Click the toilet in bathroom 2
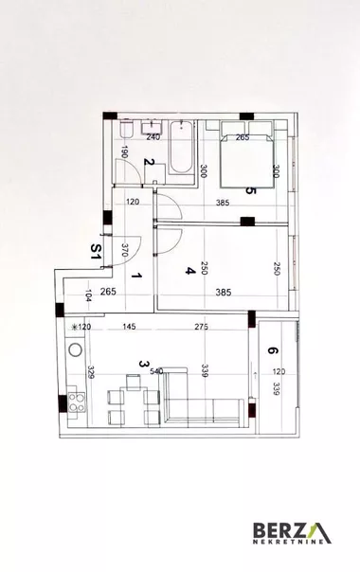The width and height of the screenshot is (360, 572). point(126,129)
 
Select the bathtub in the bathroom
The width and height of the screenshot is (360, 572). point(181,147)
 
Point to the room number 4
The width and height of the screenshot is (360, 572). point(189,271)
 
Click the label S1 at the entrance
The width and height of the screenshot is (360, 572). point(96,251)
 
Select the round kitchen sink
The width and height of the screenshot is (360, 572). point(75,349)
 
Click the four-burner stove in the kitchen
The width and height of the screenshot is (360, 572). point(77,402)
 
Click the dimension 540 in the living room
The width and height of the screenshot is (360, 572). point(156,372)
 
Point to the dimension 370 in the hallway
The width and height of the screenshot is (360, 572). point(124,250)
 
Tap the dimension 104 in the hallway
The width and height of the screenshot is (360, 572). point(88,295)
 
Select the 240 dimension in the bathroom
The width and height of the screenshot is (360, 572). point(153,137)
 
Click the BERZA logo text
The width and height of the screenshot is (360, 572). point(292,529)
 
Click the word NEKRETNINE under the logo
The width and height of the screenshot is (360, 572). point(288,542)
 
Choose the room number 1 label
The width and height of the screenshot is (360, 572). point(136,276)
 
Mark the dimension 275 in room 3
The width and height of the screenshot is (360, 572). point(201,327)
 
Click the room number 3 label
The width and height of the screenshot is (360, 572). point(144,364)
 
